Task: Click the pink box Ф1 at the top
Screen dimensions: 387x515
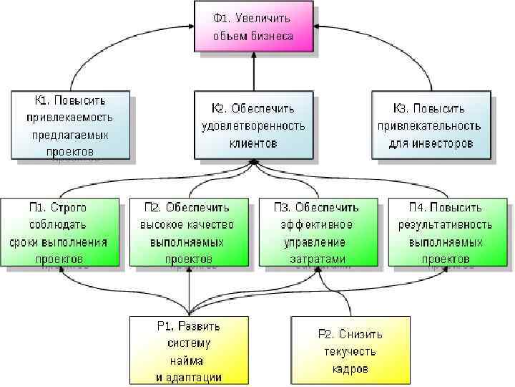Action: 253,26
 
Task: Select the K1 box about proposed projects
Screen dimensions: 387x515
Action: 70,124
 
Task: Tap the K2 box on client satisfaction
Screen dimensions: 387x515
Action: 253,125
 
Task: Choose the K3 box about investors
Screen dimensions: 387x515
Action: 431,124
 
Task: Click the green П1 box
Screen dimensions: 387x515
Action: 59,232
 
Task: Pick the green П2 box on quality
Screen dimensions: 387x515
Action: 188,232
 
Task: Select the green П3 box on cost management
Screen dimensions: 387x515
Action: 318,232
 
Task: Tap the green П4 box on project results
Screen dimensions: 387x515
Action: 446,232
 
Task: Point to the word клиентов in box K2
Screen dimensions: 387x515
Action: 253,143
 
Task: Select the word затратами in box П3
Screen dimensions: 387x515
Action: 318,259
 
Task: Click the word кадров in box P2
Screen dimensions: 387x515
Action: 350,369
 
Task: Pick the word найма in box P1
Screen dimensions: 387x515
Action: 189,360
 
